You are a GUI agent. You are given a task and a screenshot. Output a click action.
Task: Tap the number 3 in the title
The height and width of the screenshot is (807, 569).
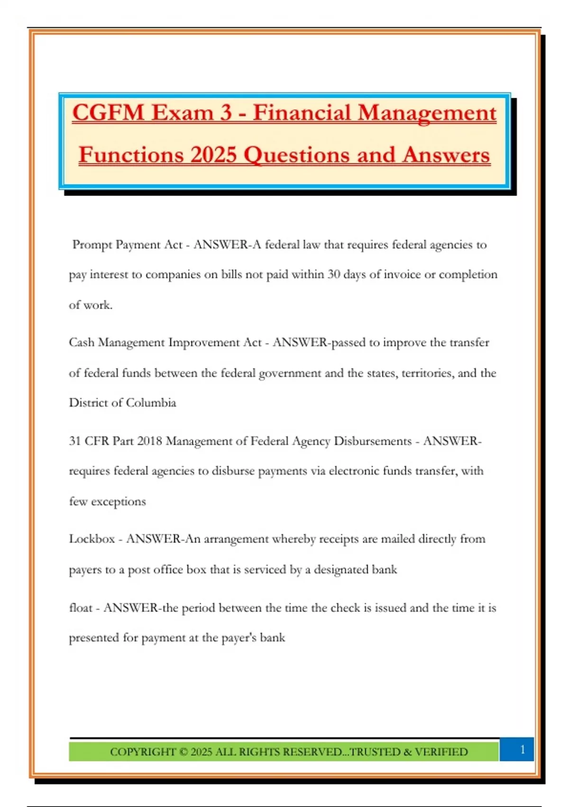point(226,113)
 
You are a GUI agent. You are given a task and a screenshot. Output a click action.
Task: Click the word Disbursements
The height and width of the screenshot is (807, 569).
point(373,441)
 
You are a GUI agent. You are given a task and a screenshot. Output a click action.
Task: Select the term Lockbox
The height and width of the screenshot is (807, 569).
point(92,539)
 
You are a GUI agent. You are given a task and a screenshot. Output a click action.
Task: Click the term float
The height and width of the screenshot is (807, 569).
point(81,608)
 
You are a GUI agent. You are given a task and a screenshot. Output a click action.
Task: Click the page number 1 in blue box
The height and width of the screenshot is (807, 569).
point(522,750)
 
